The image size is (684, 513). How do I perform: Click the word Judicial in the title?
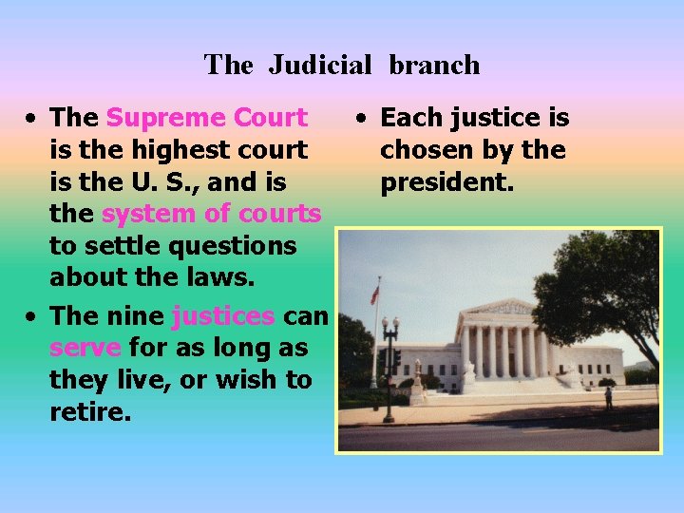click(x=320, y=65)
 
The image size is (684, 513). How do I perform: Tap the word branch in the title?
click(x=434, y=65)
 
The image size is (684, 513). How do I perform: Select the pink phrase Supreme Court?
click(x=206, y=118)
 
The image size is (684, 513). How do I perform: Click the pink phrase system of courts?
click(x=211, y=214)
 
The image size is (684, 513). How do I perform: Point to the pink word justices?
click(x=223, y=314)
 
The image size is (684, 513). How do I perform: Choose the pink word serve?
click(x=85, y=347)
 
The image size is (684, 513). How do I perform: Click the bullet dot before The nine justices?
click(x=32, y=316)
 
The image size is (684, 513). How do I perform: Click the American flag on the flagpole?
click(x=374, y=294)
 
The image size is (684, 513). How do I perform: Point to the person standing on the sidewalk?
click(x=609, y=396)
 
